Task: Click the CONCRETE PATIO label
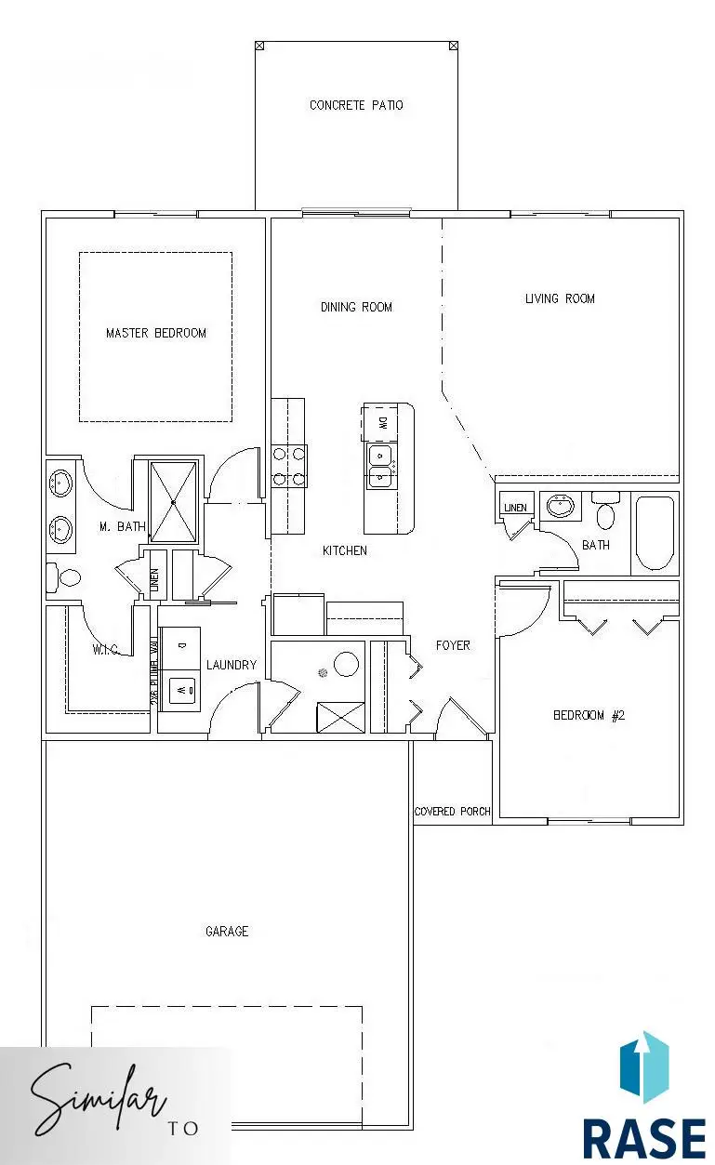356,105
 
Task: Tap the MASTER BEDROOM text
156,333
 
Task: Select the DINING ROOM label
356,307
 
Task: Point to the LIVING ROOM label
560,298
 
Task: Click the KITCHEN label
344,550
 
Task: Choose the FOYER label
453,645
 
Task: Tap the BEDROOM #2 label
589,715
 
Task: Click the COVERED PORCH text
452,812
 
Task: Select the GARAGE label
227,931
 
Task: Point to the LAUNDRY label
231,665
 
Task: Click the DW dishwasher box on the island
381,423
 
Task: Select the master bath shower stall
174,501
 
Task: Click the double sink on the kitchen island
380,467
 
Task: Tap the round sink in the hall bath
561,507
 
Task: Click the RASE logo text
643,1138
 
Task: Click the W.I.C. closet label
104,649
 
